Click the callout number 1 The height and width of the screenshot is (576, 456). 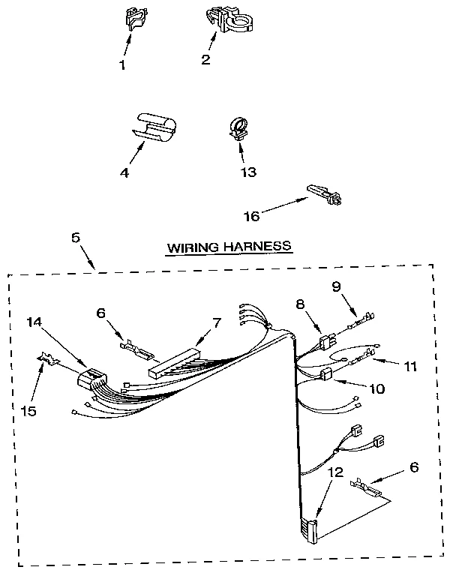pyautogui.click(x=122, y=64)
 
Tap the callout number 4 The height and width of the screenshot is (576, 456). pyautogui.click(x=124, y=172)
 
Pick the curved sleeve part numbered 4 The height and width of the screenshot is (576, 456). pyautogui.click(x=154, y=126)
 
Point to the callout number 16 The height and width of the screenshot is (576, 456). pyautogui.click(x=252, y=216)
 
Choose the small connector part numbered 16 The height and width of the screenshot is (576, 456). pyautogui.click(x=325, y=194)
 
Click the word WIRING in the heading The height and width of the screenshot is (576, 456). pyautogui.click(x=191, y=245)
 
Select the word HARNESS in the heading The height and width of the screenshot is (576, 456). pyautogui.click(x=258, y=245)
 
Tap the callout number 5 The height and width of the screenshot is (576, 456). pyautogui.click(x=75, y=238)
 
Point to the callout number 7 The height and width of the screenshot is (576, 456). pyautogui.click(x=217, y=322)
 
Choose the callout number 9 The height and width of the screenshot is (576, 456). pyautogui.click(x=336, y=285)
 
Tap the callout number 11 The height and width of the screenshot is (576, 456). pyautogui.click(x=410, y=367)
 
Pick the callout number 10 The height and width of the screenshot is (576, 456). pyautogui.click(x=376, y=389)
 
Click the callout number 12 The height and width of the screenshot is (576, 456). pyautogui.click(x=334, y=472)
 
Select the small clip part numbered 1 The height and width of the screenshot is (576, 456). pyautogui.click(x=134, y=20)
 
